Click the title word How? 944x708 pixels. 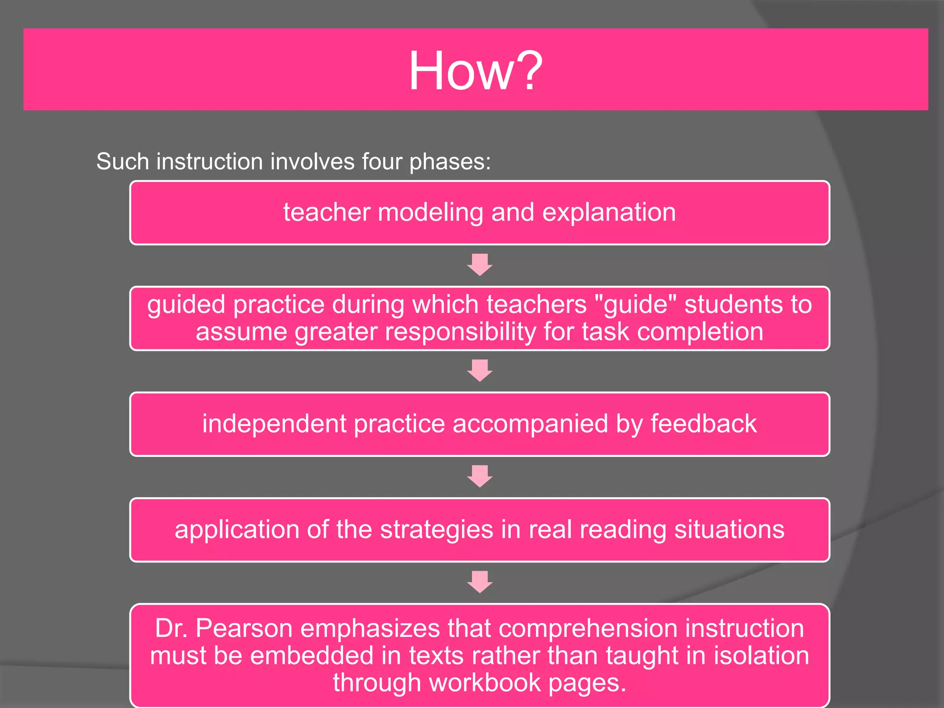coord(475,71)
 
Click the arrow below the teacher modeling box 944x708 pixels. coord(479,265)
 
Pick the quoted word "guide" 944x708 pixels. coord(636,305)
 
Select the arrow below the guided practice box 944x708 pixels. coord(479,371)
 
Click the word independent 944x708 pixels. coord(274,424)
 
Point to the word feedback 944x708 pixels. coord(703,424)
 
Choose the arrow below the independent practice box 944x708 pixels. coord(479,476)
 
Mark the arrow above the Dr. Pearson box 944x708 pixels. coord(479,582)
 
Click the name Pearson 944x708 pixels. coord(244,628)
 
